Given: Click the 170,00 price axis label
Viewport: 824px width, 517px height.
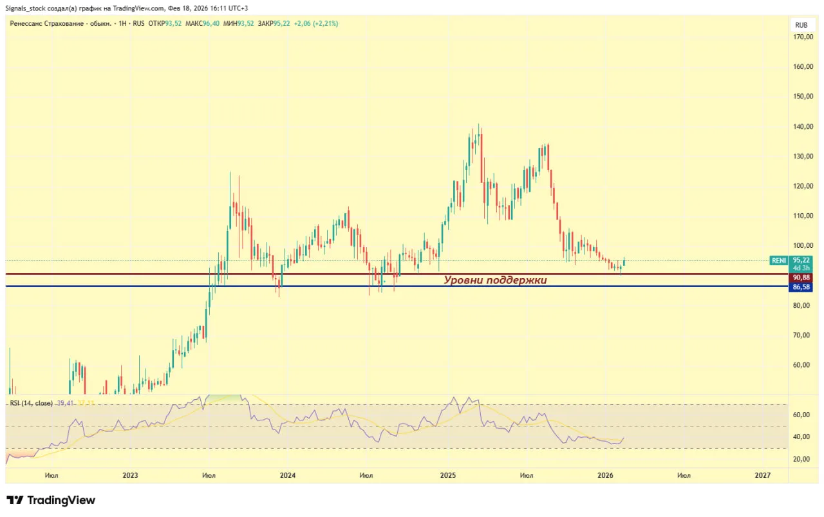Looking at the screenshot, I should [x=801, y=37].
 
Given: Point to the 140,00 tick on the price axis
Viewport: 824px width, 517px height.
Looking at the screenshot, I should [x=801, y=127].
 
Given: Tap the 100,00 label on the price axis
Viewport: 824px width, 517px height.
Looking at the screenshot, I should [x=801, y=246].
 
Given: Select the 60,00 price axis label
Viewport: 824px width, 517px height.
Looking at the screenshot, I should [x=801, y=365].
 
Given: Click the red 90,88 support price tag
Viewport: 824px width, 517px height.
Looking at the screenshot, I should [x=801, y=277].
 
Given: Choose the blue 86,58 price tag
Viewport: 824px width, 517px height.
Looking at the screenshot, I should [x=801, y=287].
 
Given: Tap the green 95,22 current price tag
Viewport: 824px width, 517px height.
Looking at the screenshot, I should [x=801, y=261].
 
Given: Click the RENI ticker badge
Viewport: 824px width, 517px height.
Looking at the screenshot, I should [x=779, y=261].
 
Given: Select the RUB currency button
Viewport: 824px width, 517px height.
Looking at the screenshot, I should [x=801, y=25].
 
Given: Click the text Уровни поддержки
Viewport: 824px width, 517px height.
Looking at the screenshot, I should [x=495, y=280].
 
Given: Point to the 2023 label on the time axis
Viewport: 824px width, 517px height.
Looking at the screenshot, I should [x=130, y=476].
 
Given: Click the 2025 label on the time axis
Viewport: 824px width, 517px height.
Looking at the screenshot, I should [x=448, y=476].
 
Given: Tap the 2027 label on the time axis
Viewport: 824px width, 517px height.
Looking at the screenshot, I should [x=762, y=476].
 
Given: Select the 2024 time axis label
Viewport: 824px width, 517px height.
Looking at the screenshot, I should [x=288, y=476].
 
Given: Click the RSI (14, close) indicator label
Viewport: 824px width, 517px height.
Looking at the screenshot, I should [x=31, y=403].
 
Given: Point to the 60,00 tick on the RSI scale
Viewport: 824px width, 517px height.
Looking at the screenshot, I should [x=801, y=415].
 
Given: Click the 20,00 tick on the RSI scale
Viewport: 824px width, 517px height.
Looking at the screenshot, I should [x=801, y=459].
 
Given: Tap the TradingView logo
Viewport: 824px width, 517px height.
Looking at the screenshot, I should [x=51, y=500].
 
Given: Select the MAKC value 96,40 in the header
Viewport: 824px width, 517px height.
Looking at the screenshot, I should [x=212, y=23].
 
